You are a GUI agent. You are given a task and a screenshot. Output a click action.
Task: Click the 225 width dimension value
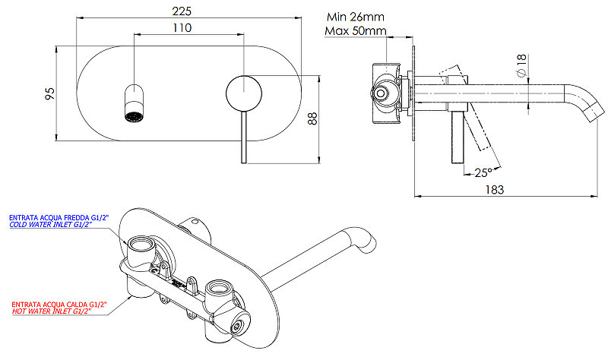[182, 11]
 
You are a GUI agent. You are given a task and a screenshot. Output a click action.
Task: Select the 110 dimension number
[182, 28]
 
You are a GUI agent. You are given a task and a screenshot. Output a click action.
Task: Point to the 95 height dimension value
[50, 93]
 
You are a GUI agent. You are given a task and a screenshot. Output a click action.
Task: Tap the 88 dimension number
[312, 118]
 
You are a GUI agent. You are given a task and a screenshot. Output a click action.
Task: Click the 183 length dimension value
[495, 190]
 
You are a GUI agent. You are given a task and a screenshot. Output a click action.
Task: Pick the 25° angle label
[483, 172]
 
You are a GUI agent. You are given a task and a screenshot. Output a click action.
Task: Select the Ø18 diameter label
[521, 65]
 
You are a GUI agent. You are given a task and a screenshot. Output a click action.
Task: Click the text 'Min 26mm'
[356, 17]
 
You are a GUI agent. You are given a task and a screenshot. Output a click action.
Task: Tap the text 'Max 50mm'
[356, 30]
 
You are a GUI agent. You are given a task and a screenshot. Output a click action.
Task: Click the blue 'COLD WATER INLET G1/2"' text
[50, 225]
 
